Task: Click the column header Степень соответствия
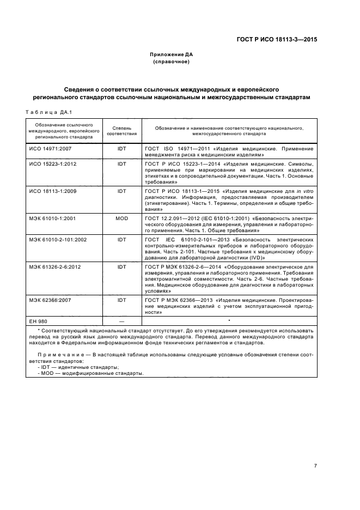(122, 130)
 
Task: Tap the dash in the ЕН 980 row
(122, 320)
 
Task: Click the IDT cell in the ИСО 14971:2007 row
(122, 148)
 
